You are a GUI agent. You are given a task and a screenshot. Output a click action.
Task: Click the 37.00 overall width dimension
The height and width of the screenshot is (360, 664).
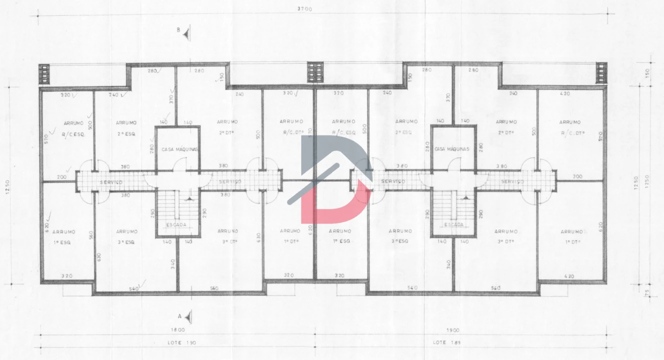[x=304, y=8]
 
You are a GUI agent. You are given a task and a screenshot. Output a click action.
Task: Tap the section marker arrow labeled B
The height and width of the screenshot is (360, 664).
[x=186, y=33]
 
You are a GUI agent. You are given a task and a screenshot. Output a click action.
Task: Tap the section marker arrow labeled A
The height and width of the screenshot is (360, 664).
[x=188, y=316]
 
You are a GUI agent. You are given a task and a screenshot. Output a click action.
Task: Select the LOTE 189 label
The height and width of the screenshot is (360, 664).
[x=443, y=342]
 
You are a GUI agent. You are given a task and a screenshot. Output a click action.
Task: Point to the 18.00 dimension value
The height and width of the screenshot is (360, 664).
[x=177, y=330]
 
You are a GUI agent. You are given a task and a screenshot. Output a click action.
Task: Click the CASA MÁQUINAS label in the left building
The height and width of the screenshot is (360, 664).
[x=180, y=149]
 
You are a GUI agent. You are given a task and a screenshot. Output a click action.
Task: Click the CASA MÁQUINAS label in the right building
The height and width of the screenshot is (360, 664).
[x=453, y=149]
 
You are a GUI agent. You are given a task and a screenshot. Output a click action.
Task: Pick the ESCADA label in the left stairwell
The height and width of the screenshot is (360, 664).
[x=176, y=225]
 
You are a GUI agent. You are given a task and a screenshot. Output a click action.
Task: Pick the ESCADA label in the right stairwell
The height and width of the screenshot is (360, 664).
[x=454, y=225]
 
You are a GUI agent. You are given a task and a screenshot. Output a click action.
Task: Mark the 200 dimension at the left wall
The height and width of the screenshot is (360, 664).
[x=61, y=177]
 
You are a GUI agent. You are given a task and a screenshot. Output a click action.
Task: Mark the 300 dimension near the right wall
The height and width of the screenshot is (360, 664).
[x=578, y=176]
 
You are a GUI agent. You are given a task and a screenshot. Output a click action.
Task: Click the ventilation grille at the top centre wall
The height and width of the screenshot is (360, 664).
[x=315, y=72]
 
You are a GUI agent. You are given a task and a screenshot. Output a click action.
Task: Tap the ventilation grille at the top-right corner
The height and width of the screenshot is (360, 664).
[x=602, y=72]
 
